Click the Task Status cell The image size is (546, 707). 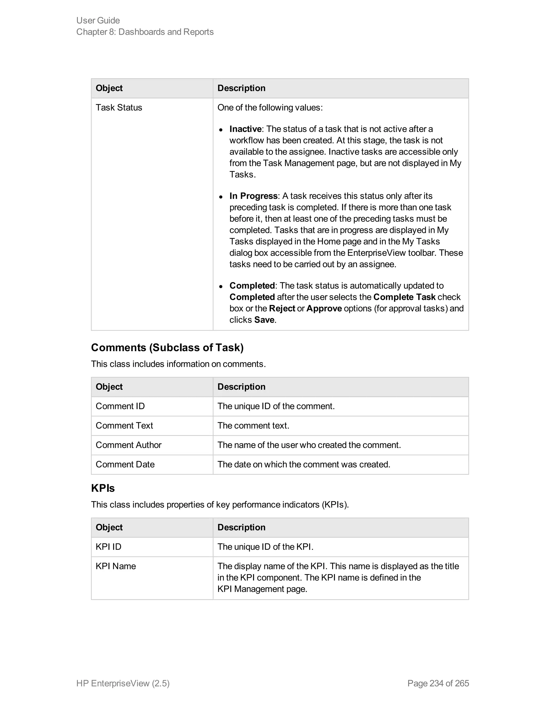tap(119, 108)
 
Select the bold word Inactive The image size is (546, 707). tap(245, 129)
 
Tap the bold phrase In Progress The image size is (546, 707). tap(253, 196)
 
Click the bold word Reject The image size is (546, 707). tap(282, 308)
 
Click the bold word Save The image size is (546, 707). tap(264, 320)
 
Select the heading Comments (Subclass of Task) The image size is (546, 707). tap(167, 348)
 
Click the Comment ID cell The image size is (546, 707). tap(120, 406)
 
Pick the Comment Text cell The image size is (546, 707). tap(124, 426)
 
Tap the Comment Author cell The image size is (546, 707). tap(129, 445)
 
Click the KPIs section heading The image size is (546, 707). tap(103, 488)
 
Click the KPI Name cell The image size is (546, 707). tap(115, 566)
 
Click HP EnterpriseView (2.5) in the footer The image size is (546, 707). tap(123, 683)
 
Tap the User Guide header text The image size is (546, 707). tap(98, 20)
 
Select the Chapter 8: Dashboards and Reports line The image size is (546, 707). tap(145, 32)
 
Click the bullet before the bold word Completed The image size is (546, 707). tap(220, 287)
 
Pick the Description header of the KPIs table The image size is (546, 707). tap(241, 527)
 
